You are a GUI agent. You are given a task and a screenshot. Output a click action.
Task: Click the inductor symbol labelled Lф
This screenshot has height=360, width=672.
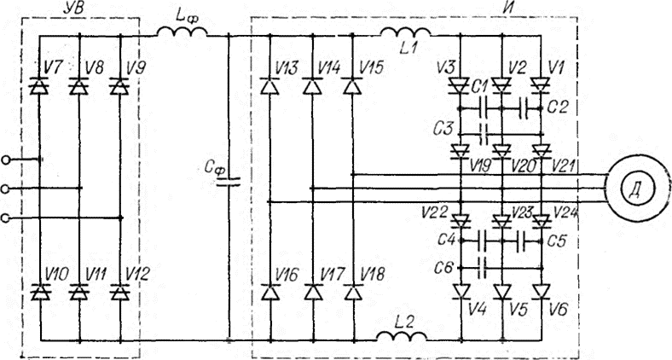[182, 32]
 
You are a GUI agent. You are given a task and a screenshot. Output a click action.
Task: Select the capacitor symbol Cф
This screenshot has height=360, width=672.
[229, 182]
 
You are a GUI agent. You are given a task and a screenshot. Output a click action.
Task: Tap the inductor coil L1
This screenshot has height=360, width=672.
[405, 32]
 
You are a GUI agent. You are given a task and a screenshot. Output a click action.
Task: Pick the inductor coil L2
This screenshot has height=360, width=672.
[402, 336]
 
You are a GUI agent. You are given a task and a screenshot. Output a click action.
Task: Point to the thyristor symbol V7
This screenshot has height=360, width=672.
[39, 86]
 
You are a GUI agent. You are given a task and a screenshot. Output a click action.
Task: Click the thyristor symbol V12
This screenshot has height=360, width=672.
[120, 293]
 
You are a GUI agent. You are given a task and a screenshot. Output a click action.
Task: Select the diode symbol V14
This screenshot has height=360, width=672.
[312, 86]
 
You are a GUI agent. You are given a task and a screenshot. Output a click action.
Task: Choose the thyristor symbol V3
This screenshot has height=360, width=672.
[460, 86]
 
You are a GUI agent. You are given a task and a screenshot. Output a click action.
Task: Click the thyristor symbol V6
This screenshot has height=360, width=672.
[542, 292]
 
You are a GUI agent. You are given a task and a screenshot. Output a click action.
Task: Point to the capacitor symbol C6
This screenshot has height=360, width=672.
[483, 268]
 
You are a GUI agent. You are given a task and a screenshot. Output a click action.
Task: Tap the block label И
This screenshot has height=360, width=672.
[509, 8]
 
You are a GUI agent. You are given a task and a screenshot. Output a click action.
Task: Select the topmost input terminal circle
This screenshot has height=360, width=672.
[5, 160]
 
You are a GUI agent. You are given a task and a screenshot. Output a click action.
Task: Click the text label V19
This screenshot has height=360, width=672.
[479, 165]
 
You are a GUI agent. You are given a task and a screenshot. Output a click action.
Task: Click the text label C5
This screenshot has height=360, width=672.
[558, 241]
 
